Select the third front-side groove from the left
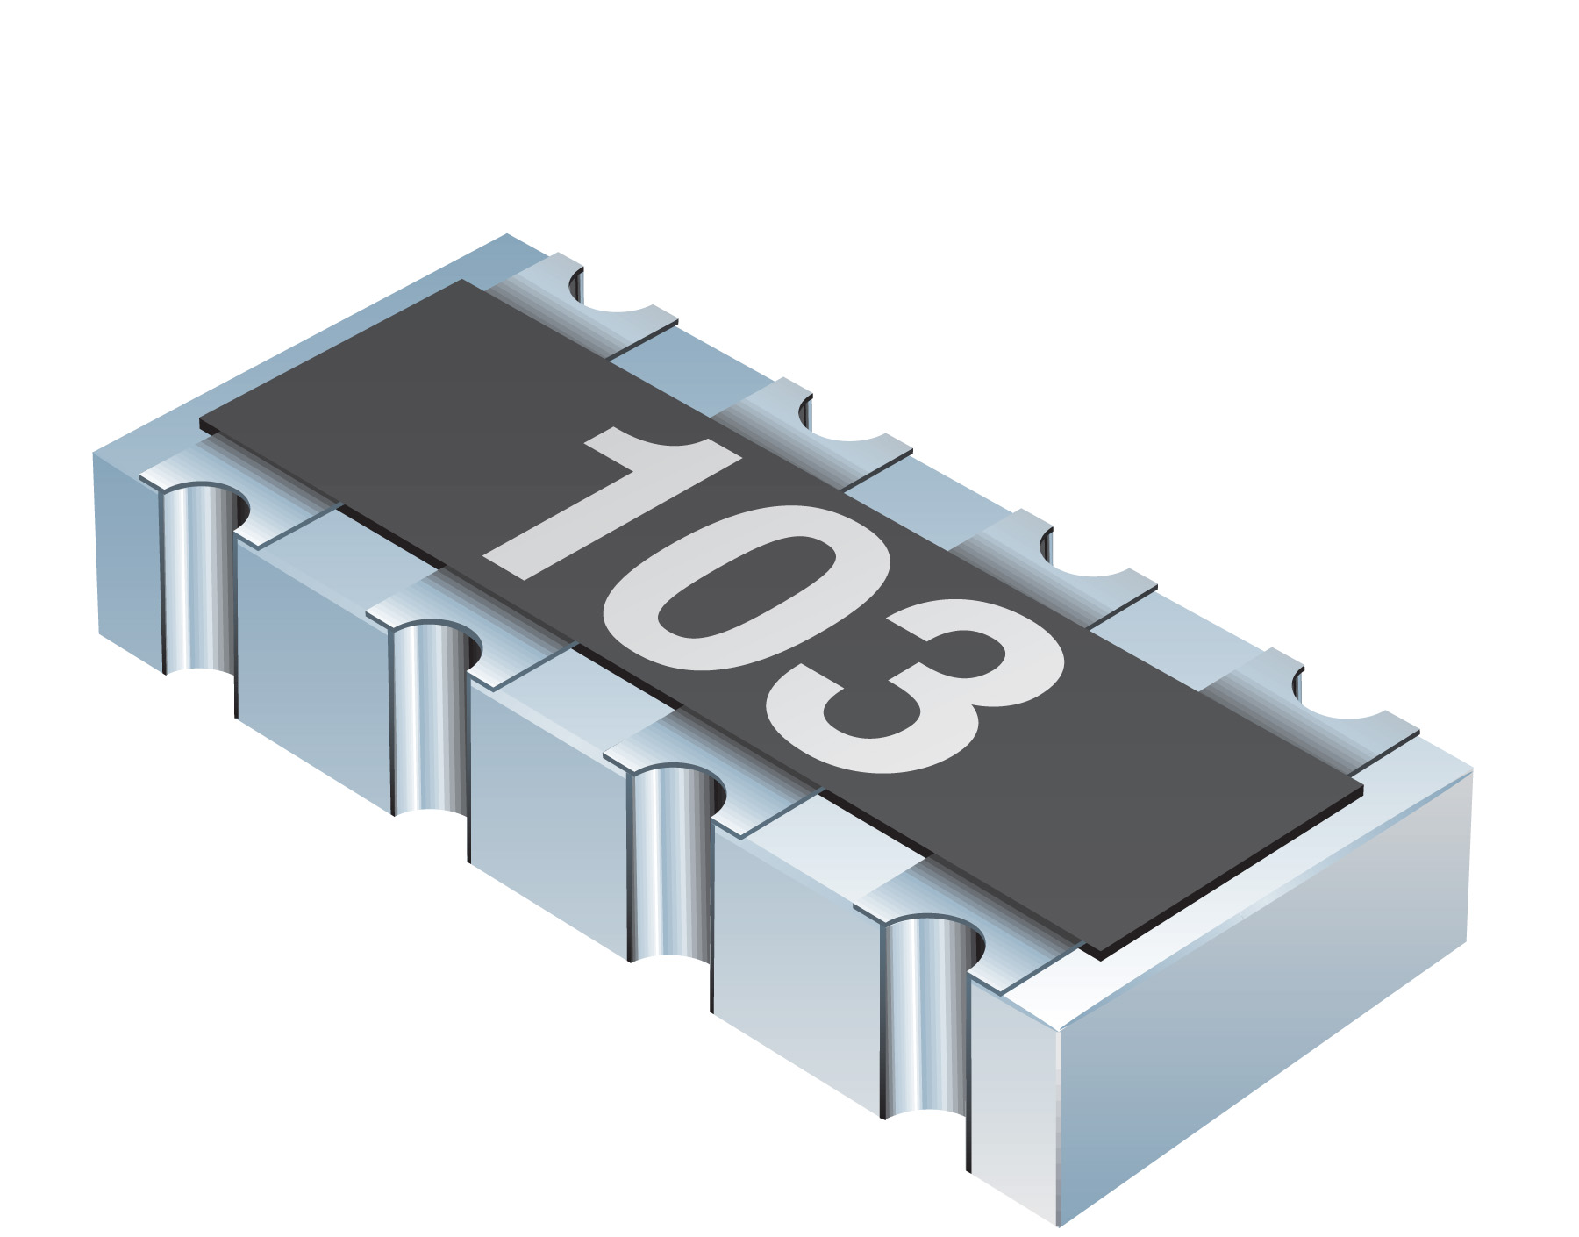pyautogui.click(x=671, y=864)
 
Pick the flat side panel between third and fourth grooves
pyautogui.click(x=794, y=930)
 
